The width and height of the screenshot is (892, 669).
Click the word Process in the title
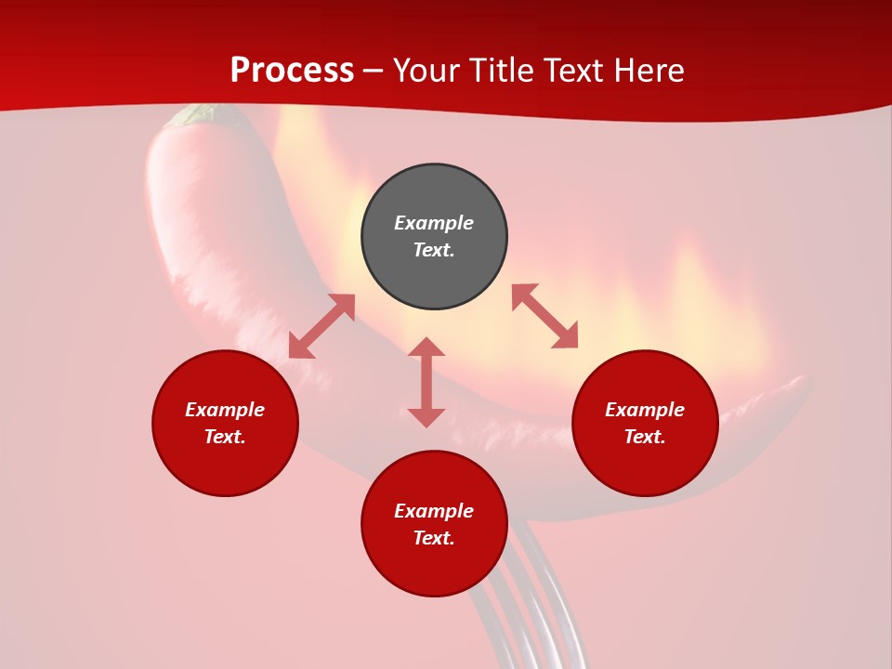click(x=292, y=71)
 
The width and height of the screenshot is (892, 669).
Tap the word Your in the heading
click(x=428, y=71)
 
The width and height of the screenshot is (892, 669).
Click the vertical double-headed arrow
click(x=426, y=382)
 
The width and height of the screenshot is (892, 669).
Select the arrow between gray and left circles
click(x=321, y=326)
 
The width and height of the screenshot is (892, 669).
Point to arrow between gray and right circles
click(x=544, y=316)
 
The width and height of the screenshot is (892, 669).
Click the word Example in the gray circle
click(x=434, y=223)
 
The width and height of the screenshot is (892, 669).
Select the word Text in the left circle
click(x=224, y=437)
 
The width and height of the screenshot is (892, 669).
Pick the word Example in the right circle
click(x=645, y=410)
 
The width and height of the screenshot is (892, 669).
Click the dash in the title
click(x=374, y=72)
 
